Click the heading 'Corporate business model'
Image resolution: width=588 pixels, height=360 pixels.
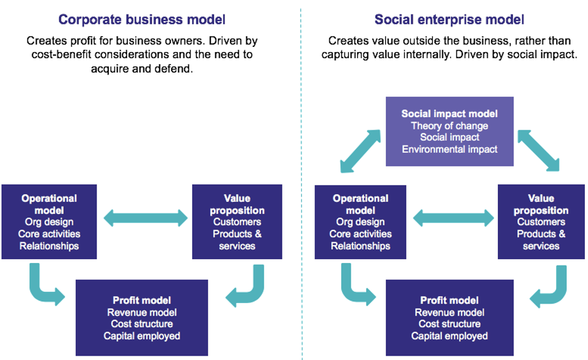pos(142,19)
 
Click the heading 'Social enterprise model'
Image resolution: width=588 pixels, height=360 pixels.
pos(449,19)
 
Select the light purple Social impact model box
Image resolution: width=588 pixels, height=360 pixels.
pos(450,131)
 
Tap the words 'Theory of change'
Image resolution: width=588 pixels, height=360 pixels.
pos(450,126)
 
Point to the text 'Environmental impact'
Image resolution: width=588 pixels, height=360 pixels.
pos(450,150)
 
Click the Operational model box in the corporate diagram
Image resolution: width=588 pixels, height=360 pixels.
pos(49,222)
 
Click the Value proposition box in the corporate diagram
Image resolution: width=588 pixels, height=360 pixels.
pos(237,222)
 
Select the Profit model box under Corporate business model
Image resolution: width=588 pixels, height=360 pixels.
pos(142,318)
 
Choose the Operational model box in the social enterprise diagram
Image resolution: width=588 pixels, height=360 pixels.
pos(360,222)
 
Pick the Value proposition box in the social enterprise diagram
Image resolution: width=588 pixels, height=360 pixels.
pos(541,222)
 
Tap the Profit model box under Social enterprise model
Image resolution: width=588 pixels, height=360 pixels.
pos(450,318)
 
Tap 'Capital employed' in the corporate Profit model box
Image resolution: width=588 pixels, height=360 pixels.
pos(142,336)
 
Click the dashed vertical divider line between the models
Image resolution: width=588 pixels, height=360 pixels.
pos(301,188)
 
